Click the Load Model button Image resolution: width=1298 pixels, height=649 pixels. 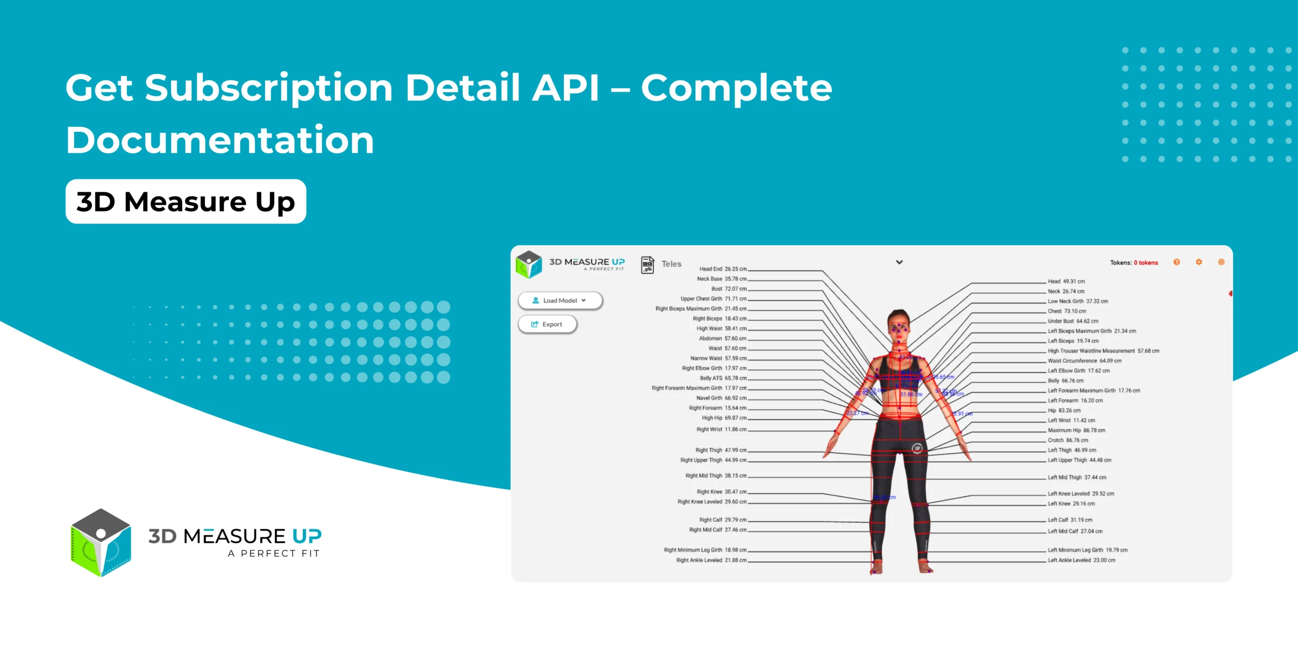(560, 301)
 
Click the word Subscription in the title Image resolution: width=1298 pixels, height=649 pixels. (269, 88)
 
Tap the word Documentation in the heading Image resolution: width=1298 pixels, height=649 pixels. (220, 140)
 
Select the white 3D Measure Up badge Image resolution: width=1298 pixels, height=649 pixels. (186, 202)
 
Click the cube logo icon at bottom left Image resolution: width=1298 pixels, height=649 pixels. (101, 543)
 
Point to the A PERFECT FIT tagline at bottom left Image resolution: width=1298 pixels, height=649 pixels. (274, 554)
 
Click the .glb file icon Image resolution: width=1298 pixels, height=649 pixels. (647, 265)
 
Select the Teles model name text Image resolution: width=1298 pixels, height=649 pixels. (671, 264)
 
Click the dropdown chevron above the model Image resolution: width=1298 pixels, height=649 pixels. (899, 262)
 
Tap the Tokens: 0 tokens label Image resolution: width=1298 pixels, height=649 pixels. (1134, 263)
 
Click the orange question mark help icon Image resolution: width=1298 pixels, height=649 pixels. (1176, 262)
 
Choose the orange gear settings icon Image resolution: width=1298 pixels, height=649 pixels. (1199, 262)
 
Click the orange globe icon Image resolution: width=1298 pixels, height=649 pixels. (1221, 262)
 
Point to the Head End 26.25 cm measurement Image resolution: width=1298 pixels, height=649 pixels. (723, 269)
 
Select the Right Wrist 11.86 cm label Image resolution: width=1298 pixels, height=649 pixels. (721, 429)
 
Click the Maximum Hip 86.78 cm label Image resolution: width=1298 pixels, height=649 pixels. (1076, 430)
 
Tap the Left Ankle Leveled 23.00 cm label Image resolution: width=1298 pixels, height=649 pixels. (1081, 560)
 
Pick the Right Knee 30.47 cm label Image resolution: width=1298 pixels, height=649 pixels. (721, 492)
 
